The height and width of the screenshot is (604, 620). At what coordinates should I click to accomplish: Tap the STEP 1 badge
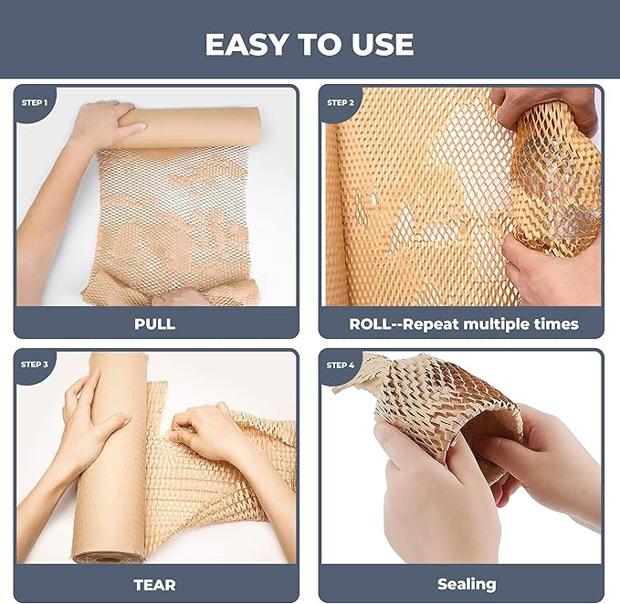coord(35,102)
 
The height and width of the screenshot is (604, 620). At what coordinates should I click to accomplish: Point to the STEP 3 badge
coord(35,365)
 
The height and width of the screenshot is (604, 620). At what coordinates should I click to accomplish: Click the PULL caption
coord(154,323)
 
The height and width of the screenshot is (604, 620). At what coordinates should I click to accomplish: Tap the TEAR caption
coord(154,584)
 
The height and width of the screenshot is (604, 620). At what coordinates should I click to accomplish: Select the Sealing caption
coord(466,584)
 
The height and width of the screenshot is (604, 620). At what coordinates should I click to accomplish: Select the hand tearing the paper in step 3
coord(205,429)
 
